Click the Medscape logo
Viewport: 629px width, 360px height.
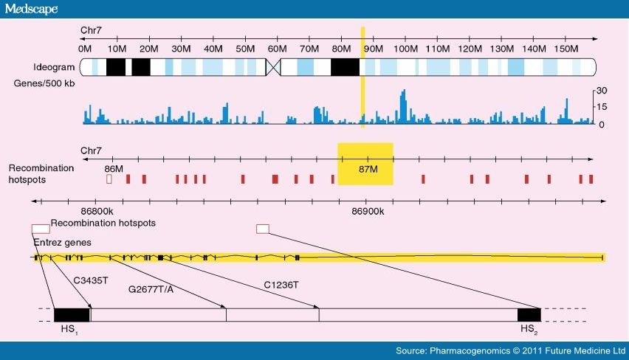[31, 9]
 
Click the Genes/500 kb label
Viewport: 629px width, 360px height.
[44, 83]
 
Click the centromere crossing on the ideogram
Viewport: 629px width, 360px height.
[274, 67]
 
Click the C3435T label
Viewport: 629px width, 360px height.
[91, 281]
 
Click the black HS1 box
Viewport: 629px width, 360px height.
[72, 315]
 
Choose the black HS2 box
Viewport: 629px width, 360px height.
[529, 315]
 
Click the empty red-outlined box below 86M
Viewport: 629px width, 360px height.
[110, 179]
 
